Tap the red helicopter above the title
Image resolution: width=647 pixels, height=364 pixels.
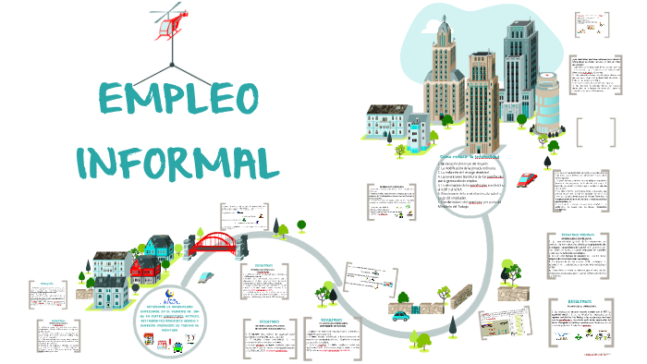[168, 24]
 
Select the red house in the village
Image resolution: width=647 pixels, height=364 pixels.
[146, 269]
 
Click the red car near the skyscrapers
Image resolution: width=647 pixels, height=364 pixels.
[528, 179]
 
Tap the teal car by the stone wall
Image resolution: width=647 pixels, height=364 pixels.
[400, 316]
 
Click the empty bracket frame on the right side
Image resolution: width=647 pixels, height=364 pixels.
[597, 132]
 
